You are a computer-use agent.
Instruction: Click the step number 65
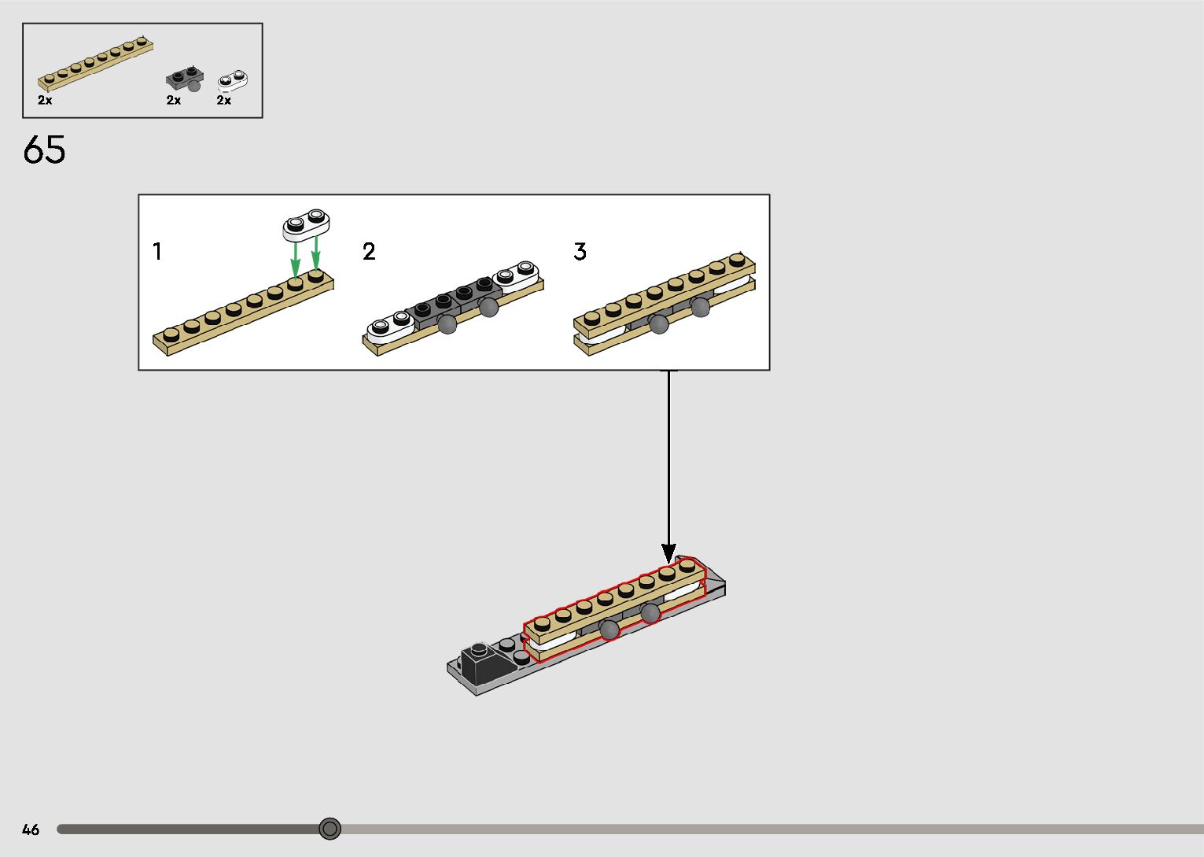pyautogui.click(x=44, y=150)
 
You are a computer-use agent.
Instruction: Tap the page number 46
pyautogui.click(x=31, y=829)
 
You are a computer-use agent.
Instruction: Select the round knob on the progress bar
pyautogui.click(x=330, y=829)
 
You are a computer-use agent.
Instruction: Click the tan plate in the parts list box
pyautogui.click(x=94, y=62)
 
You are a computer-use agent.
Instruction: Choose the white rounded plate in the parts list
pyautogui.click(x=233, y=79)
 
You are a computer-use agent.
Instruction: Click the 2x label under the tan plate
pyautogui.click(x=45, y=101)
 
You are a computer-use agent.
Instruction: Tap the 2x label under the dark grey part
pyautogui.click(x=174, y=101)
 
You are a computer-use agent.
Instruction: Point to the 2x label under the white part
pyautogui.click(x=224, y=101)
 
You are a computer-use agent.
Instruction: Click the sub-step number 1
pyautogui.click(x=157, y=252)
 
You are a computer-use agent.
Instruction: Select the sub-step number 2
pyautogui.click(x=369, y=252)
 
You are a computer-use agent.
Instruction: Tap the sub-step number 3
pyautogui.click(x=580, y=252)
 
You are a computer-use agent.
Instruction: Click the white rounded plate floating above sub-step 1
pyautogui.click(x=306, y=223)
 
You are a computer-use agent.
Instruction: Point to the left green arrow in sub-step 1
pyautogui.click(x=295, y=257)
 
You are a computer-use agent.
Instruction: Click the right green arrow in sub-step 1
pyautogui.click(x=316, y=253)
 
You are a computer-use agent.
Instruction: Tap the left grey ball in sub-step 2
pyautogui.click(x=447, y=323)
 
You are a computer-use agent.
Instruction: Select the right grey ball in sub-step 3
pyautogui.click(x=700, y=308)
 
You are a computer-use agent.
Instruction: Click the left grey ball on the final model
pyautogui.click(x=609, y=629)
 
